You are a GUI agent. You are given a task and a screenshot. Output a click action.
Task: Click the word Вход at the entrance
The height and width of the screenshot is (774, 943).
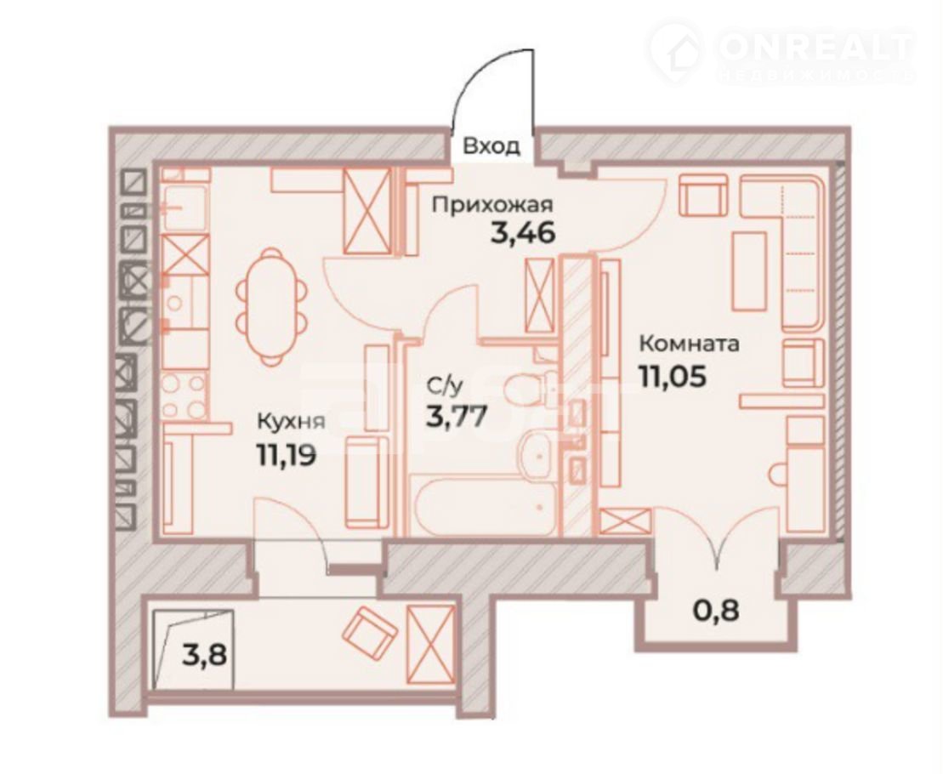pos(491,146)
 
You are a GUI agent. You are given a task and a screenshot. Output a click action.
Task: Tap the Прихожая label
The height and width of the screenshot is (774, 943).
pos(492,205)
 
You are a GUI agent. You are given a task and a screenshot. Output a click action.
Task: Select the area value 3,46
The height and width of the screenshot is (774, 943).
pos(522,233)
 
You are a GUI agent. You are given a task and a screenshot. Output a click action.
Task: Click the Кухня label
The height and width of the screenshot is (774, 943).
pos(291,421)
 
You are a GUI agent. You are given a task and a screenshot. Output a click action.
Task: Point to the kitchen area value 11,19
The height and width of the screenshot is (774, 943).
pos(286,455)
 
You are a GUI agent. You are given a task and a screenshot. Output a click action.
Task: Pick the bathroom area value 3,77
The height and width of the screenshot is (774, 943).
pos(456,416)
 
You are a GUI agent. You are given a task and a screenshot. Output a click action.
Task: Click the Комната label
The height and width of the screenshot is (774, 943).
pos(690,344)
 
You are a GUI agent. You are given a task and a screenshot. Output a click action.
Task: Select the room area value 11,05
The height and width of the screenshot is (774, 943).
pos(672,377)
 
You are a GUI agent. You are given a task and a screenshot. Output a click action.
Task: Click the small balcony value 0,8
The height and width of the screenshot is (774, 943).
pos(716,612)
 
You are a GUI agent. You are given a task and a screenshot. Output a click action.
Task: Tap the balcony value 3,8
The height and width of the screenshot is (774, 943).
pos(204,655)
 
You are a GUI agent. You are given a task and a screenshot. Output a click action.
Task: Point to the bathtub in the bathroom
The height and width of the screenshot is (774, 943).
pos(484,504)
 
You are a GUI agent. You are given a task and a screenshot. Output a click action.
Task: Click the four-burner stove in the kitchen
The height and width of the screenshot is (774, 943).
pos(185,396)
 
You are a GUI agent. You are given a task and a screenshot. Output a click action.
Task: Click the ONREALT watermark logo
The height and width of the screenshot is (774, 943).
pos(781,51)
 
